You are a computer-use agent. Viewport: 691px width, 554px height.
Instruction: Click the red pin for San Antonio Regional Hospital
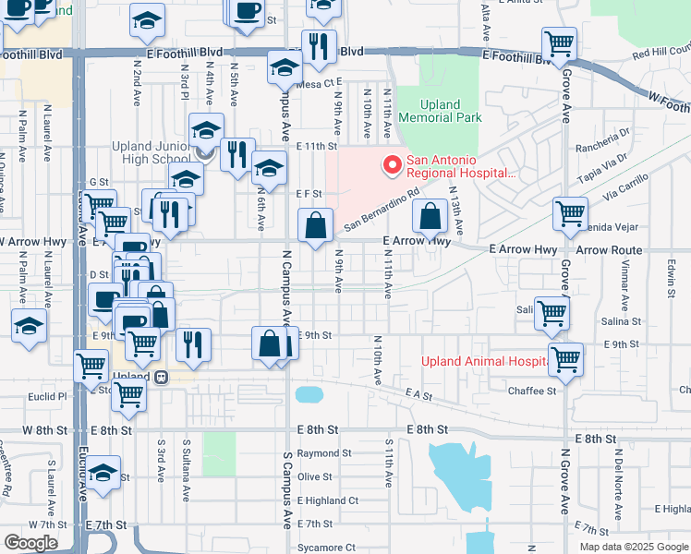click(393, 165)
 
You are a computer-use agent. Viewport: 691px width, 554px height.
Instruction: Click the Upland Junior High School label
click(151, 153)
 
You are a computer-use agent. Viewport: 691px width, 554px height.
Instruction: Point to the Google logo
click(30, 542)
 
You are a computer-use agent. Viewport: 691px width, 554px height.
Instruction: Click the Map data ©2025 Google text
click(633, 546)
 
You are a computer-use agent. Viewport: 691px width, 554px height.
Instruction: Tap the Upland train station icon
click(161, 377)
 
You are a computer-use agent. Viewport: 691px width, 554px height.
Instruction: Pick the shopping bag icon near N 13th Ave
click(430, 218)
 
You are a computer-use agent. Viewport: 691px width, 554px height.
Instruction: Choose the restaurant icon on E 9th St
click(193, 344)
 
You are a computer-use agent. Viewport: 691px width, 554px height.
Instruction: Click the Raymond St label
click(324, 453)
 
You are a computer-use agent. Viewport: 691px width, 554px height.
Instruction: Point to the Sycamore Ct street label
click(324, 548)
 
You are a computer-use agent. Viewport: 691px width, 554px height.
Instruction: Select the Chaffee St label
click(531, 391)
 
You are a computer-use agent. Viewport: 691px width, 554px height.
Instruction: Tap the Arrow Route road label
click(609, 250)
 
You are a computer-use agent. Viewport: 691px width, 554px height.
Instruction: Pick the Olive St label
click(314, 476)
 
